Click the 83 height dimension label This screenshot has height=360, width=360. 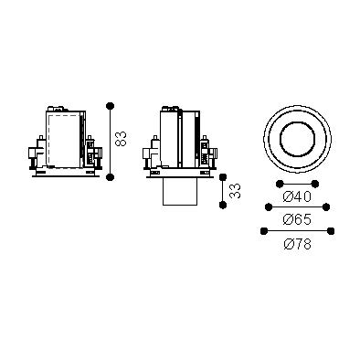pyautogui.click(x=122, y=139)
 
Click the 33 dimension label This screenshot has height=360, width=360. pyautogui.click(x=235, y=191)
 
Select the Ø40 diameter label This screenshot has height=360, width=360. pyautogui.click(x=297, y=197)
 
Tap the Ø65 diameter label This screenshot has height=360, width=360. pyautogui.click(x=297, y=219)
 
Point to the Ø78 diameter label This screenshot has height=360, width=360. pyautogui.click(x=298, y=244)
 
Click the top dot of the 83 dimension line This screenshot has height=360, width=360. pyautogui.click(x=110, y=106)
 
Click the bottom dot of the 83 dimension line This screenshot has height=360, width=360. pyautogui.click(x=110, y=176)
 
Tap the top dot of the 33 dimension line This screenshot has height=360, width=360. pyautogui.click(x=223, y=177)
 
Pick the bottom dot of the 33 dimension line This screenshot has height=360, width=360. pyautogui.click(x=223, y=205)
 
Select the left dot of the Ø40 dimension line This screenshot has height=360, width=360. pyautogui.click(x=280, y=184)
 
